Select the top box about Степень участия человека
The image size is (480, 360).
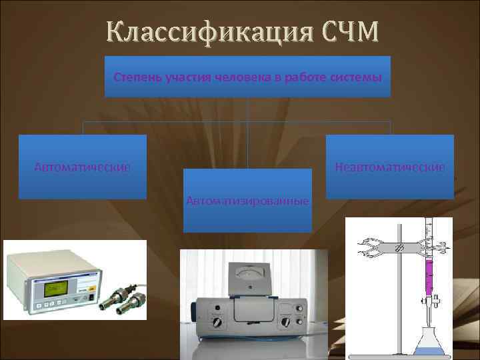click(247, 77)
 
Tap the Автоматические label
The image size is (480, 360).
click(82, 166)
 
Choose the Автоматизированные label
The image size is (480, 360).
click(247, 200)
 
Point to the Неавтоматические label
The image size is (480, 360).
click(390, 166)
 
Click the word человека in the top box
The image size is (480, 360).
click(242, 77)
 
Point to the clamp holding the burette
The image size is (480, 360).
click(393, 247)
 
